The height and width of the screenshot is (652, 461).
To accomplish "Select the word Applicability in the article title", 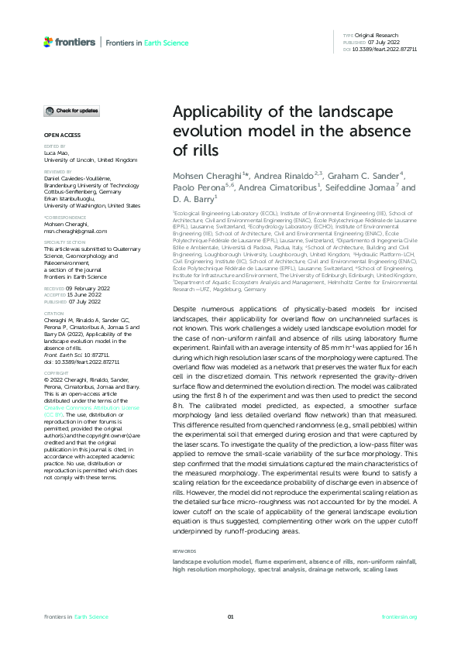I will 215,111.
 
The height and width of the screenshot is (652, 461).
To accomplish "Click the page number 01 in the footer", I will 230,616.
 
